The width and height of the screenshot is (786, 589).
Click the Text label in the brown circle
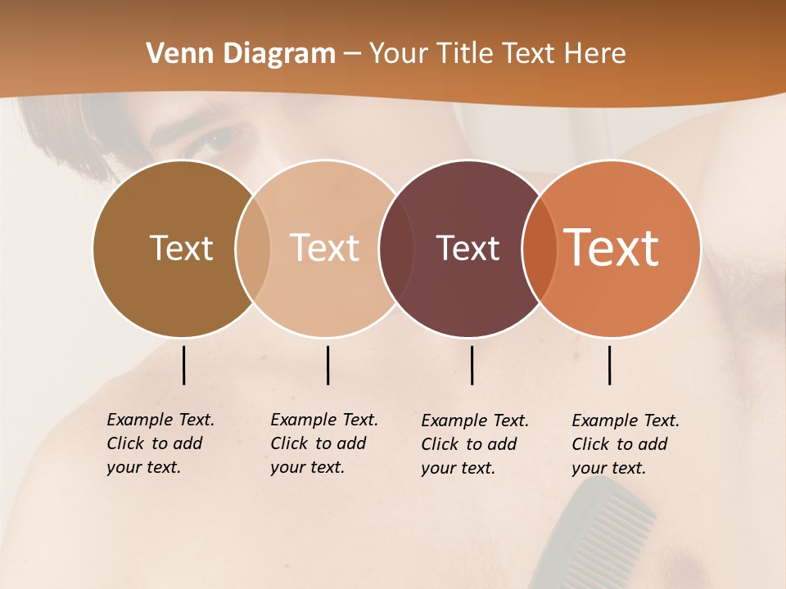coord(181,248)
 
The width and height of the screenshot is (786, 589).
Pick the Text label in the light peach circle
coord(325,248)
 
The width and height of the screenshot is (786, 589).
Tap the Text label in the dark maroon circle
coord(468,248)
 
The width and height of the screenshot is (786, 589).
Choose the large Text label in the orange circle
coord(612,248)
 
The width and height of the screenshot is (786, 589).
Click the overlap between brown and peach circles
coord(253,248)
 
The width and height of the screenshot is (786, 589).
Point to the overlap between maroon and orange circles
coord(540,248)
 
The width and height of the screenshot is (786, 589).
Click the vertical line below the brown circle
coord(183,365)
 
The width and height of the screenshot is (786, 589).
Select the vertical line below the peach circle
coord(327,365)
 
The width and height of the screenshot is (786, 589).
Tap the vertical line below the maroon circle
coord(472,365)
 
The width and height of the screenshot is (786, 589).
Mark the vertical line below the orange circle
coord(609,365)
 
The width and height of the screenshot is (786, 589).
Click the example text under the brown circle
coord(160,443)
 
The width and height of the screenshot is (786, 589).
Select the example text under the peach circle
coord(323,443)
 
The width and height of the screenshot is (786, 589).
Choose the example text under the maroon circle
coord(474,444)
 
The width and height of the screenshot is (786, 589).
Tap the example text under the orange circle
coord(625,444)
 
